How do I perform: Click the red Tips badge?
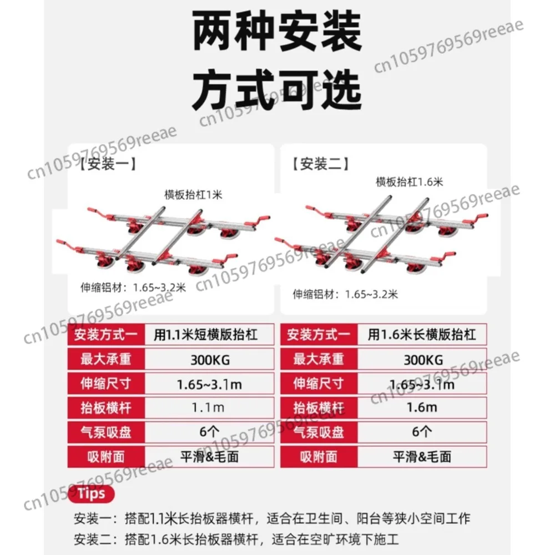coord(91,494)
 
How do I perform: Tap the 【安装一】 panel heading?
coord(108,164)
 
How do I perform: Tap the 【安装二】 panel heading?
coord(320,164)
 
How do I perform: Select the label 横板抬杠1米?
coord(193,195)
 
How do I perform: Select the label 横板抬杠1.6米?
coord(409,182)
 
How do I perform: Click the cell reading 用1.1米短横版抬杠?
coord(209,335)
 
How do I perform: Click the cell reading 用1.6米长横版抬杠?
coord(422,335)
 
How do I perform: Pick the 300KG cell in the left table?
coord(209,359)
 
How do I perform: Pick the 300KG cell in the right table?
coord(422,359)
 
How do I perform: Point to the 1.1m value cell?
coord(209,408)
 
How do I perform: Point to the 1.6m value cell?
coord(422,408)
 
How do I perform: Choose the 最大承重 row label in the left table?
coord(106,359)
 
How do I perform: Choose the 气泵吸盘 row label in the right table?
coord(319,432)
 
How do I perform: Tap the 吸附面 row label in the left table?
coord(106,457)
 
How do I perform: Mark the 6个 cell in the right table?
coord(422,432)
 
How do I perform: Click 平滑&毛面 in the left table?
coord(209,457)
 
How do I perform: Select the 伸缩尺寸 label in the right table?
coord(319,384)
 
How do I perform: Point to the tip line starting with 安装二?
coord(236,539)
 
